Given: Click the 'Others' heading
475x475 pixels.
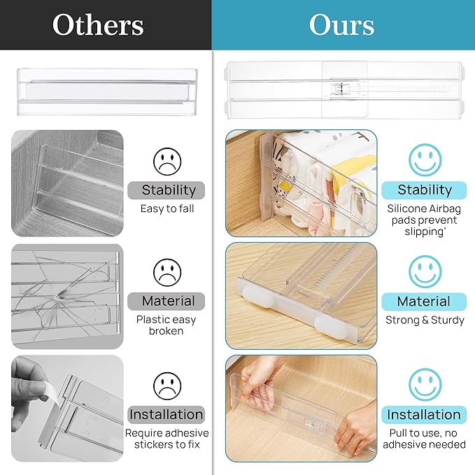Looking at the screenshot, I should click(97, 25).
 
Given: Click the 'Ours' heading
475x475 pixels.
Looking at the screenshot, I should click(341, 25).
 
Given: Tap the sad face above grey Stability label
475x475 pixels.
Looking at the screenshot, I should click(167, 161).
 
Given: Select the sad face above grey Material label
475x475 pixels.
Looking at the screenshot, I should click(167, 272).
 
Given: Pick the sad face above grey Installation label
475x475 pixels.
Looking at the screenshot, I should click(167, 385).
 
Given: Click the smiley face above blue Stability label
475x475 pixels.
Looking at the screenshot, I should click(425, 159).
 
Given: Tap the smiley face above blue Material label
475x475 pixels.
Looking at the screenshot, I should click(425, 271).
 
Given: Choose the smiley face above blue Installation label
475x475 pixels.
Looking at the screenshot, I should click(425, 384).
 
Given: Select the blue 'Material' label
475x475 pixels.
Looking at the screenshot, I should click(423, 302).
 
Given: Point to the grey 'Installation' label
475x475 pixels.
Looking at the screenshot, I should click(166, 414).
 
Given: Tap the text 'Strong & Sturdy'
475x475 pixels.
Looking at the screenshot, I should click(425, 320).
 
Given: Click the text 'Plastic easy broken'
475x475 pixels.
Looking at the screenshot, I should click(166, 325).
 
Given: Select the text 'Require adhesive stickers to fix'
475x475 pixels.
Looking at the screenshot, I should click(166, 439).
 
